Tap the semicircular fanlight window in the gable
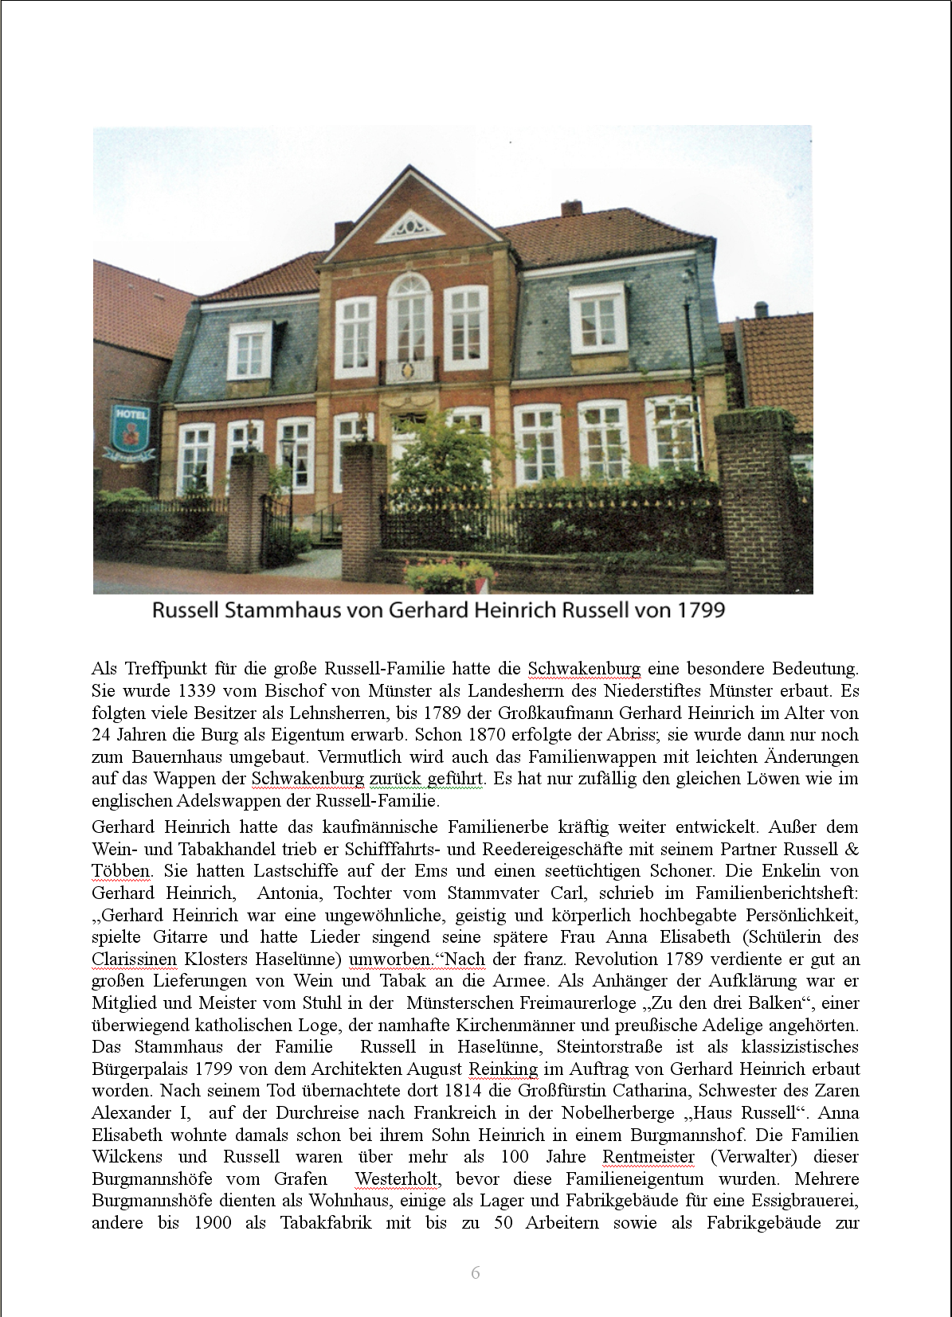tap(410, 226)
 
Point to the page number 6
tap(476, 1272)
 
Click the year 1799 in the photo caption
tap(700, 610)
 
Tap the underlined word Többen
tap(121, 871)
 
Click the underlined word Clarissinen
tap(134, 959)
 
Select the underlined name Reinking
tap(503, 1069)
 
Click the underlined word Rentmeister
tap(648, 1157)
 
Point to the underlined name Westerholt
tap(396, 1179)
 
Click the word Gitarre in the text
tap(181, 937)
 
